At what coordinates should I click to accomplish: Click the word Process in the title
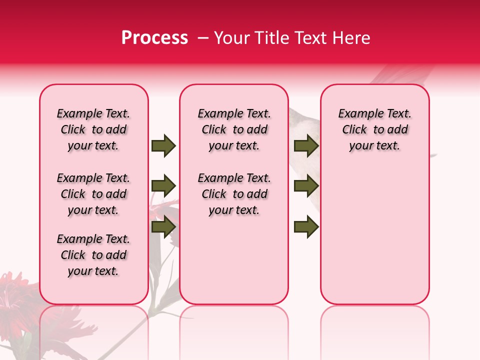(154, 38)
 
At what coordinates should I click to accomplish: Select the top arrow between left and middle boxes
(163, 145)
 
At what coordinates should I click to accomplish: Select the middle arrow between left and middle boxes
(163, 186)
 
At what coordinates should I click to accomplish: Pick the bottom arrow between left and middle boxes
(163, 227)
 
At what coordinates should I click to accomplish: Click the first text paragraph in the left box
(93, 129)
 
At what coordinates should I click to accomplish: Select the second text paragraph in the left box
(93, 194)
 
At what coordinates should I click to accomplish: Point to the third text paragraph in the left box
(93, 255)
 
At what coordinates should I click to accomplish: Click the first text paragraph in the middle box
(234, 129)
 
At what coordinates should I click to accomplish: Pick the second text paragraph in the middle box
(234, 194)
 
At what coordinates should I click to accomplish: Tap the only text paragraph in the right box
(374, 129)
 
